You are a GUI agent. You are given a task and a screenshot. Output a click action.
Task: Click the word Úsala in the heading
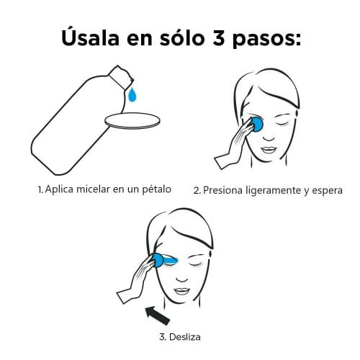[x=91, y=37]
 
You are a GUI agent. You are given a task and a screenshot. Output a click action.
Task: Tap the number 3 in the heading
[x=218, y=38]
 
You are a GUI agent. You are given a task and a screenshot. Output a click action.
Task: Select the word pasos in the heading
[x=266, y=40]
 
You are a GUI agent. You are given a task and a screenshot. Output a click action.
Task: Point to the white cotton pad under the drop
[x=132, y=121]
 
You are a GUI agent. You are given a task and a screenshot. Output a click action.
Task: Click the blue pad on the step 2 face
[x=257, y=124]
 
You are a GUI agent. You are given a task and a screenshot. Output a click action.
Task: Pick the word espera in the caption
[x=327, y=191]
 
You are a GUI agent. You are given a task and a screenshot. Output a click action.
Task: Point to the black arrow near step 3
[x=158, y=315]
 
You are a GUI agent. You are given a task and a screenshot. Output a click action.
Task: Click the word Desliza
[x=184, y=337]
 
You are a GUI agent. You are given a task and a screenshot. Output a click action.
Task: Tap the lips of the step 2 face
[x=269, y=150]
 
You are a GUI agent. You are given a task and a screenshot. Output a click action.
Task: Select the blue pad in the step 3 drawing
[x=158, y=261]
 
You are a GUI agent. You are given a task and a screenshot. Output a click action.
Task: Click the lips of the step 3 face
[x=181, y=292]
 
